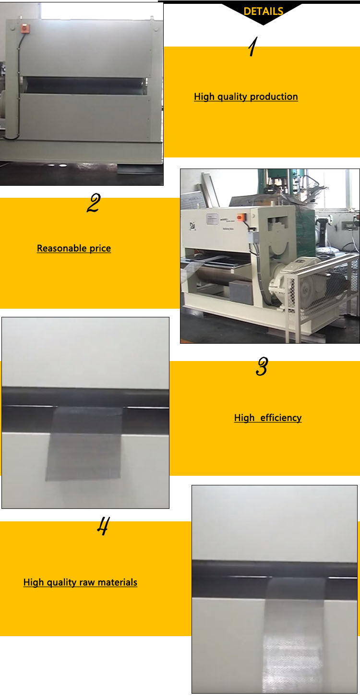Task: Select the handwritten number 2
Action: click(93, 204)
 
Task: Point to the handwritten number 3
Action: click(262, 367)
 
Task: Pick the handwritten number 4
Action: click(102, 527)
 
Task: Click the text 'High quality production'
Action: click(246, 96)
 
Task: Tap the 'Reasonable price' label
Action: click(74, 248)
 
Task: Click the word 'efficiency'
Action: click(281, 418)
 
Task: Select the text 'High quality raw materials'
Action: click(80, 582)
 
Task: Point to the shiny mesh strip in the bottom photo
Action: click(294, 634)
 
